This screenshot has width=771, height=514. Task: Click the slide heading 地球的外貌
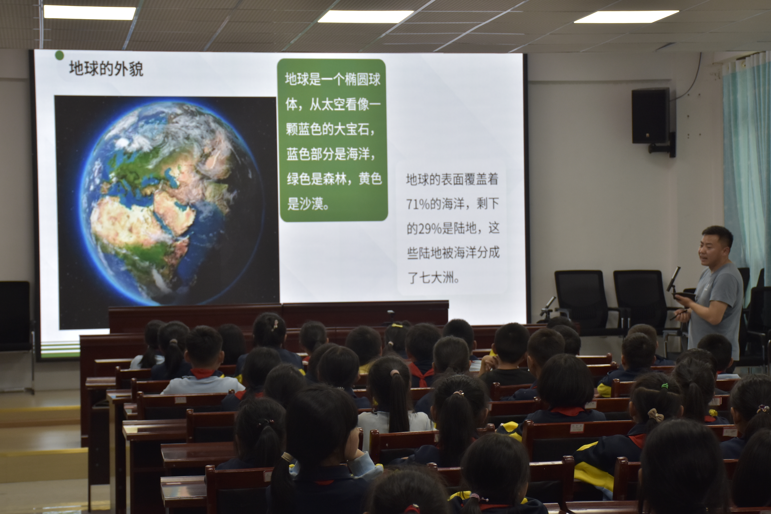[x=106, y=69]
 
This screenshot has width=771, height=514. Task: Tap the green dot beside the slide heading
[x=59, y=55]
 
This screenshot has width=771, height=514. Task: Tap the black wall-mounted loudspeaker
[x=650, y=116]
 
